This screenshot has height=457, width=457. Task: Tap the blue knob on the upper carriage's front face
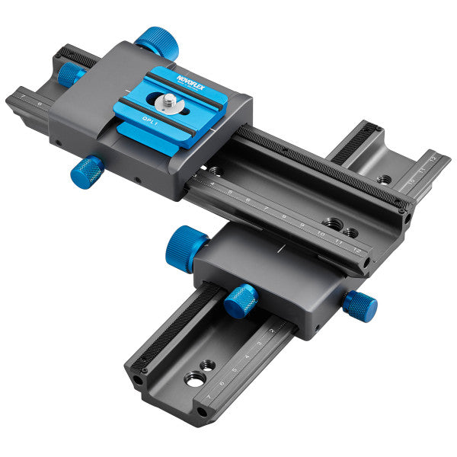click(x=88, y=172)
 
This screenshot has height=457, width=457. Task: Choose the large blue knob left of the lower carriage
click(x=185, y=246)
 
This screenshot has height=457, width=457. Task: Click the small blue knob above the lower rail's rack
click(x=241, y=300)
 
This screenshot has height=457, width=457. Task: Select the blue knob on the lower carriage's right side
click(x=360, y=305)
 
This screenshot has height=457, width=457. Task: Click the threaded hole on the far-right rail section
click(x=385, y=180)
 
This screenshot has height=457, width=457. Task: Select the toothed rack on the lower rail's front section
click(x=171, y=327)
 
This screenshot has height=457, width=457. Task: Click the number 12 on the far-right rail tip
click(x=434, y=158)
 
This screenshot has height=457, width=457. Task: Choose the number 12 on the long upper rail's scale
click(x=356, y=250)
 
